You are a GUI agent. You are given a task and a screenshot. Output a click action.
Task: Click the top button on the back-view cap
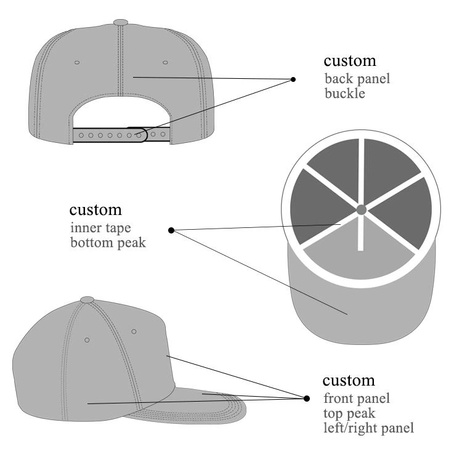pos(121,22)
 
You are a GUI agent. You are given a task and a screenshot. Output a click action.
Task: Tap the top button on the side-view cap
pos(87,300)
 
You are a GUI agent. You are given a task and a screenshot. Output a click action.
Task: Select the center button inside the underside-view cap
pos(362,210)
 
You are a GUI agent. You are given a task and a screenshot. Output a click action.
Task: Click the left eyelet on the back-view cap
pos(77,62)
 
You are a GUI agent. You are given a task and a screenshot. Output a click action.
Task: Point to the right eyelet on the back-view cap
pos(165,62)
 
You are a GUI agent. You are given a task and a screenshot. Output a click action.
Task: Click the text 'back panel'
pos(357,79)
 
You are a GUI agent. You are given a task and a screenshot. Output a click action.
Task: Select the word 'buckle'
pos(345,94)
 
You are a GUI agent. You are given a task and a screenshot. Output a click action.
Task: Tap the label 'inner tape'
pos(100,228)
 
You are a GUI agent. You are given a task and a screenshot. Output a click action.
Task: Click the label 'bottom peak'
pos(108,243)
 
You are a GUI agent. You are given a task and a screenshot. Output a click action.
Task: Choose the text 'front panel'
pos(357,399)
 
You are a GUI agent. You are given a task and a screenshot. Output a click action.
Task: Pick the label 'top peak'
pos(349,413)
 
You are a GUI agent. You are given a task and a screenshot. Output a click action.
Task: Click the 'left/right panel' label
pos(368,428)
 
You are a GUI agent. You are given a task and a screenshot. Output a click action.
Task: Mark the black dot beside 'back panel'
pos(293,79)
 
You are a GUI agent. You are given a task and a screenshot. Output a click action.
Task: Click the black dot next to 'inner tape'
pos(171,230)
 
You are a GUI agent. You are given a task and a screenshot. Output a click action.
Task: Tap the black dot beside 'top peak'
pos(307,399)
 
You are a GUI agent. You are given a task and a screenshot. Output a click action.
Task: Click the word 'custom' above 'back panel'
pos(350,61)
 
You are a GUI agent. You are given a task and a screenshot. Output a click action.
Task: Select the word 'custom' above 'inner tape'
pos(95,211)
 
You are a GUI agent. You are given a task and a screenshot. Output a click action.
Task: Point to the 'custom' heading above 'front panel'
pos(349,381)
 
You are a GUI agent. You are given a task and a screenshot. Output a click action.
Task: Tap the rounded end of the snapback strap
pos(144,135)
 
